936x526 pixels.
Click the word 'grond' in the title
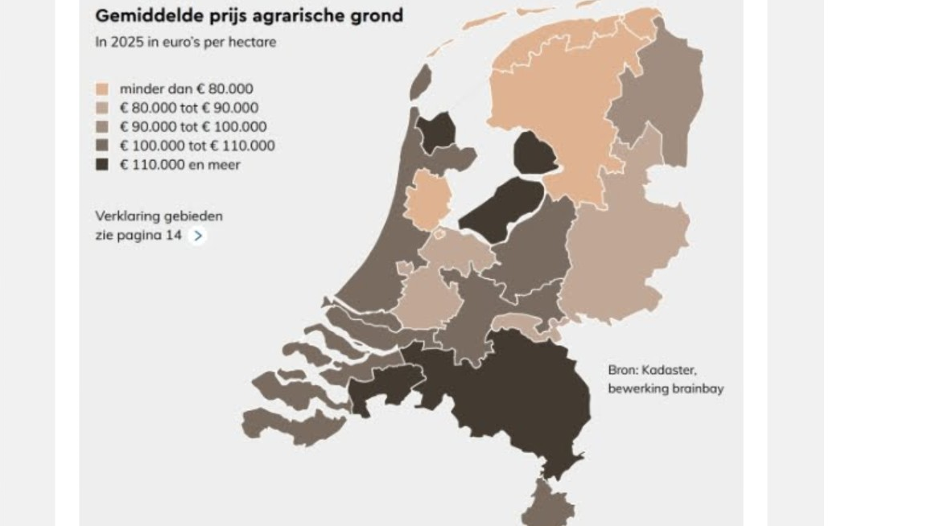[377, 15]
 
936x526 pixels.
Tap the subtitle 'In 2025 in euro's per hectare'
[185, 42]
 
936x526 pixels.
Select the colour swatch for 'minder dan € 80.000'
[102, 88]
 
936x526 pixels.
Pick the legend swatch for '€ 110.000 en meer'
[102, 165]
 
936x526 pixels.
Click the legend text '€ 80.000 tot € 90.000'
[189, 108]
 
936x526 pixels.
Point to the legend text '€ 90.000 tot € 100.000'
[193, 126]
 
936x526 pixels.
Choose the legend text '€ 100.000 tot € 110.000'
[197, 146]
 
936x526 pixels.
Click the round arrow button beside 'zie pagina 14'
[197, 236]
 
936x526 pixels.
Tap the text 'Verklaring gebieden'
[159, 216]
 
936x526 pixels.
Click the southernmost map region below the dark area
[549, 505]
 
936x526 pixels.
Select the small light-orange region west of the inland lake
[427, 198]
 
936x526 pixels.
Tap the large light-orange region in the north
[555, 105]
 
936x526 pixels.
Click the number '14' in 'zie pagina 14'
[174, 236]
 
